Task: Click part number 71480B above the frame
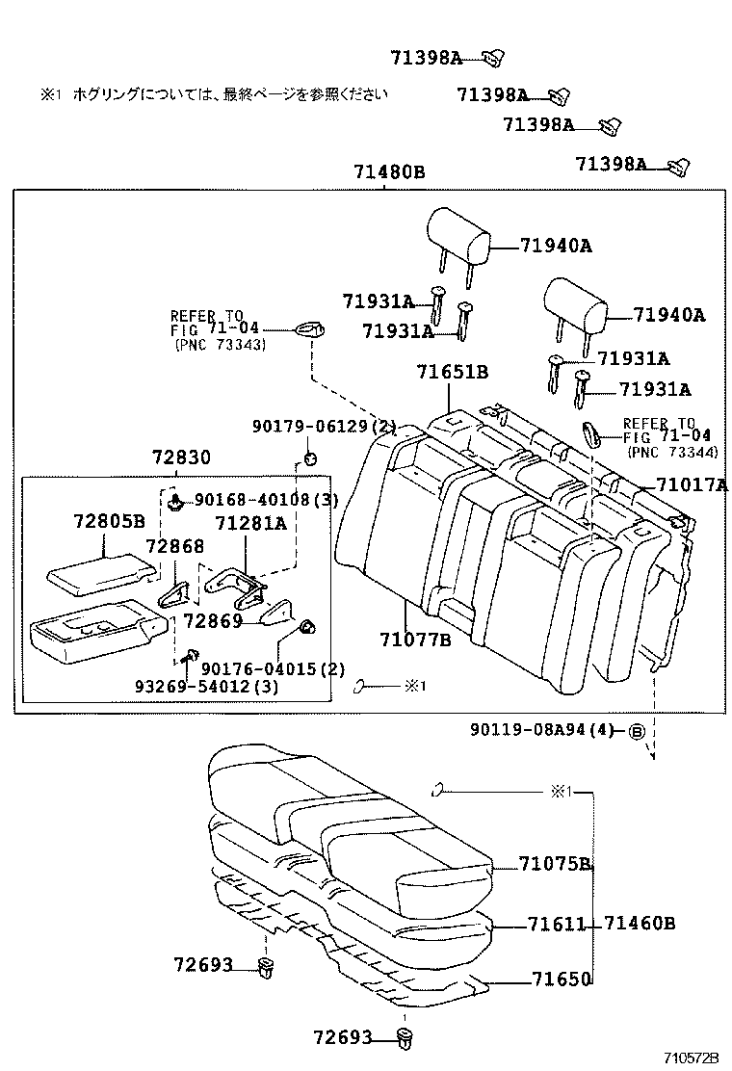[x=389, y=173]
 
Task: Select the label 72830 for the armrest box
[x=181, y=457]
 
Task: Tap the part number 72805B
[x=109, y=521]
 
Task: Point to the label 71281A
[x=250, y=523]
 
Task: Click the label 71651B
[x=453, y=373]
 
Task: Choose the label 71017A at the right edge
[x=692, y=485]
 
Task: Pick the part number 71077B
[x=415, y=640]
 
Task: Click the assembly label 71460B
[x=640, y=924]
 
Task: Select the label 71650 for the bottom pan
[x=560, y=980]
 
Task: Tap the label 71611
[x=557, y=925]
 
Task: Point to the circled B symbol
[x=636, y=731]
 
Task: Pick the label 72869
[x=213, y=621]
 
